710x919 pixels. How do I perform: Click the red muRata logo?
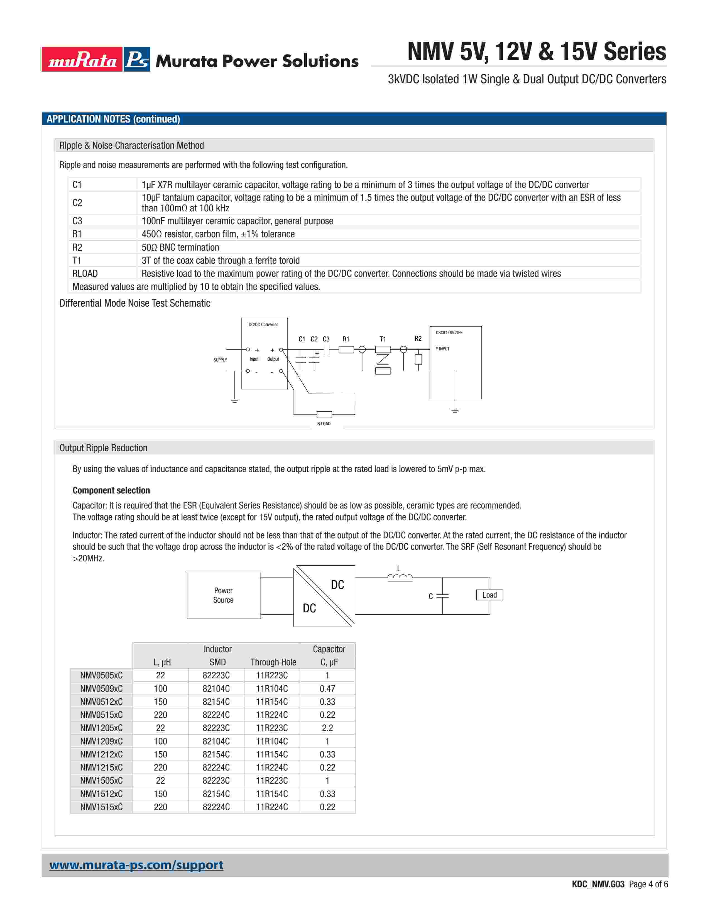pos(82,59)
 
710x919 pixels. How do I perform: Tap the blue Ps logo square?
pos(137,59)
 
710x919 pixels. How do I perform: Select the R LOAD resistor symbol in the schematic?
pos(324,414)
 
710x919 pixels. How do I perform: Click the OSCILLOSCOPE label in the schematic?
pos(449,333)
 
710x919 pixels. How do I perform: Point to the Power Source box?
pos(223,595)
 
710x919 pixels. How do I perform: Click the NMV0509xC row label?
pos(101,688)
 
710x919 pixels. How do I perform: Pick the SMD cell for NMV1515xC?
pos(216,807)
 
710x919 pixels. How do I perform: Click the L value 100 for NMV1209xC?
pos(160,741)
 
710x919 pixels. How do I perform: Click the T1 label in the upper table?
pos(77,260)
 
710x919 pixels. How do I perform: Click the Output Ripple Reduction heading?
pos(103,448)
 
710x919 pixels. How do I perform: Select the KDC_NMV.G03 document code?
pos(598,884)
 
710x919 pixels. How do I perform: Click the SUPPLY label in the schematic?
pos(220,360)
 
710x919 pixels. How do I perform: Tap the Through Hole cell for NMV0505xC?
pos(272,675)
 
